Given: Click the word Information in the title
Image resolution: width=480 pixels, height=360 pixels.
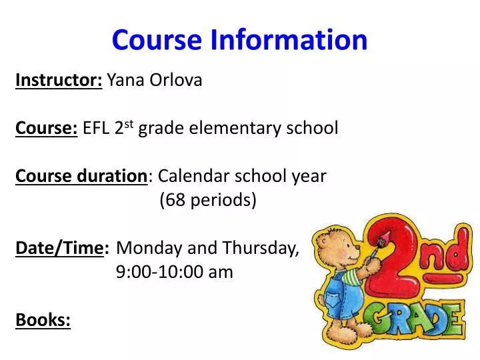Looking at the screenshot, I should (x=289, y=39).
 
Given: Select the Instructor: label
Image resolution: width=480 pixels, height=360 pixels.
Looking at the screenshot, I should (x=59, y=81).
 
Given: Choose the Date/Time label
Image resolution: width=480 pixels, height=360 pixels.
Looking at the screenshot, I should (x=63, y=248).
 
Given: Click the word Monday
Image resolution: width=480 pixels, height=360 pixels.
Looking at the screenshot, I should (x=149, y=248).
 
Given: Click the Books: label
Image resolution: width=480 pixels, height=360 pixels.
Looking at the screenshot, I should (x=43, y=320).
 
